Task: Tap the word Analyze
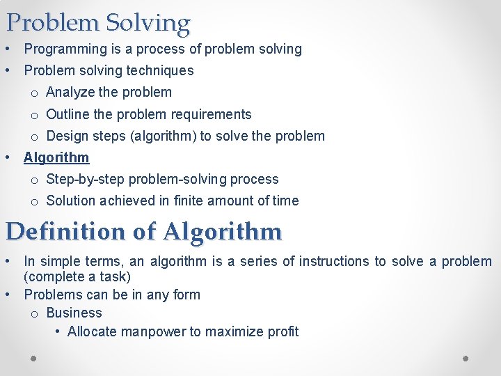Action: coord(70,93)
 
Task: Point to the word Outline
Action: coord(68,114)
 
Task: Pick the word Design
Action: coord(67,136)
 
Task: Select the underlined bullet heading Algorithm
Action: coord(56,157)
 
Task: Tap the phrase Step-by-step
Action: coord(83,179)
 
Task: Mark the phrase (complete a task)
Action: coord(77,277)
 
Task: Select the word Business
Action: coord(74,313)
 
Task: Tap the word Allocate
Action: coord(92,331)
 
